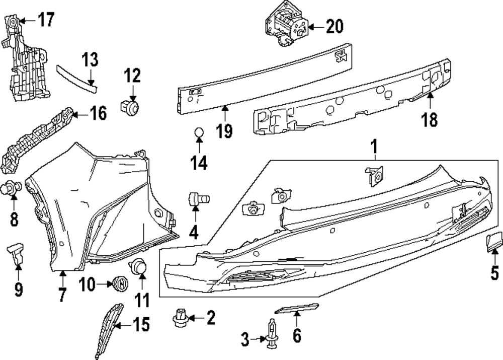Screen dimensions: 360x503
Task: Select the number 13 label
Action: point(90,61)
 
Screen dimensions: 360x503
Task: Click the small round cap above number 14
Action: point(199,133)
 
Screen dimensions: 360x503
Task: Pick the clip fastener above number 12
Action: point(131,106)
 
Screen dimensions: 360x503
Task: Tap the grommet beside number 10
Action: point(120,284)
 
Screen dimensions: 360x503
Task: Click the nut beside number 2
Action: point(180,317)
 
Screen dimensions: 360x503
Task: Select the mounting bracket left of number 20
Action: point(284,24)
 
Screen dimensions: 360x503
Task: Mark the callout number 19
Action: point(224,131)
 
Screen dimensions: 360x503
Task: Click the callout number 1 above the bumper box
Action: point(374,147)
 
